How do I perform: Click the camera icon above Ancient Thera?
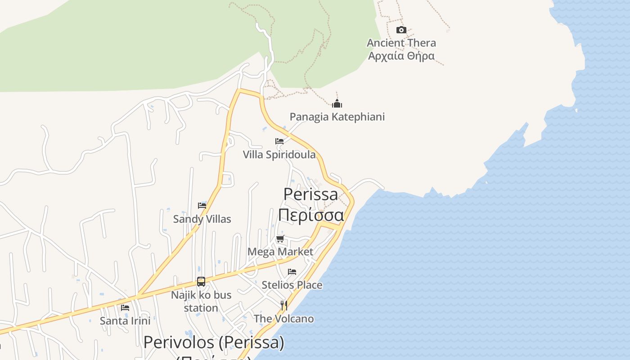tap(401, 30)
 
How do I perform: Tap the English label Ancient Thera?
tap(401, 43)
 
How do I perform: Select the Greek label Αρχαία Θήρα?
tap(401, 56)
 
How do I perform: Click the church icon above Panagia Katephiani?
tap(337, 104)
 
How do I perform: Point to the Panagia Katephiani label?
tap(337, 117)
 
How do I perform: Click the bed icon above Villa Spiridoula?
tap(279, 141)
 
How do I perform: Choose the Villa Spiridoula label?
tap(279, 155)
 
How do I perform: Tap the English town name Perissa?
tap(310, 194)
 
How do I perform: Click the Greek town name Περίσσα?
tap(310, 215)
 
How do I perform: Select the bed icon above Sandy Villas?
tap(202, 206)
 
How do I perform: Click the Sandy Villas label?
tap(202, 219)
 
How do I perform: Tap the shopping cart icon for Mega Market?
tap(280, 238)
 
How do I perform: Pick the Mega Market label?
tap(280, 252)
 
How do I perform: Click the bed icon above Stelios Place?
tap(292, 272)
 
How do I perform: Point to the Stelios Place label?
tap(292, 285)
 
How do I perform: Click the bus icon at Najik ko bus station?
tap(201, 282)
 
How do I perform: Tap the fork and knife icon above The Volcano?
tap(284, 306)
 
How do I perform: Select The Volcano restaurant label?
tap(284, 319)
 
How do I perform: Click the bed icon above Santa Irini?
tap(125, 308)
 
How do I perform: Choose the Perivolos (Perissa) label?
tap(214, 342)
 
